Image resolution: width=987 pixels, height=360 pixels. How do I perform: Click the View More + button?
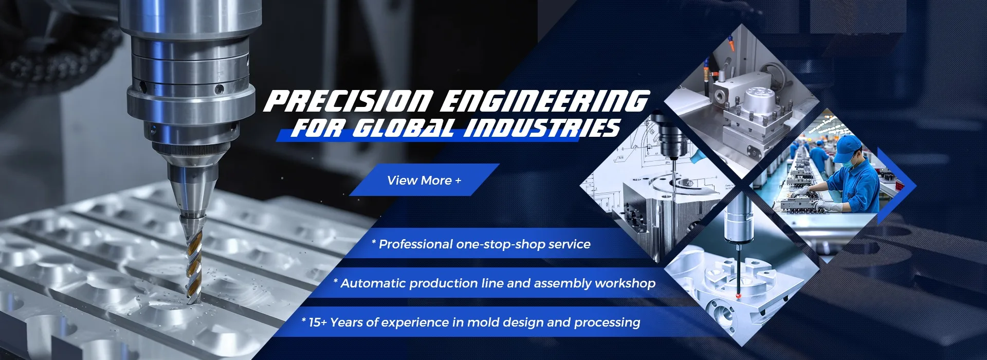[424, 180]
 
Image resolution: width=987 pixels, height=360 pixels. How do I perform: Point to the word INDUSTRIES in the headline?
[542, 128]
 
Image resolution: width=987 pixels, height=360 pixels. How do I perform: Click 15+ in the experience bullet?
[317, 322]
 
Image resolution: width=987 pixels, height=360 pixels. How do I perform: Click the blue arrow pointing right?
[897, 186]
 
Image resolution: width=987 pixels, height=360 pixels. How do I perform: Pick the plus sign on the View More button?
[458, 181]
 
